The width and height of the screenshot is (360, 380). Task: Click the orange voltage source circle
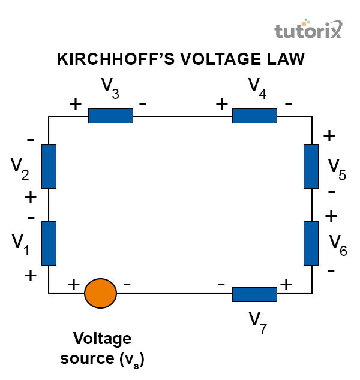coord(100,294)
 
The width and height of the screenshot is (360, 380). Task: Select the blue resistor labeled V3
coord(110,116)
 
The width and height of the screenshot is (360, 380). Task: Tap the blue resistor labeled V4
coord(254,116)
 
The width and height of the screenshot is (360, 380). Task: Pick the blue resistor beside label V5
coord(311,166)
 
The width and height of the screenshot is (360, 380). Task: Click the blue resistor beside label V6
coord(311,243)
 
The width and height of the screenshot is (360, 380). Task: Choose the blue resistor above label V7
coord(254,294)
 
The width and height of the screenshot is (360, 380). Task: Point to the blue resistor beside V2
coord(49,166)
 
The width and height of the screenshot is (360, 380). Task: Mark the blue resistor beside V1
coord(49,243)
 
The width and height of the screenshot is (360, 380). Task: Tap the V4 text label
coord(258,88)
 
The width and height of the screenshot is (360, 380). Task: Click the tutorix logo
coord(308,31)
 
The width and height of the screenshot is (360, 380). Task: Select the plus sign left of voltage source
coord(73,284)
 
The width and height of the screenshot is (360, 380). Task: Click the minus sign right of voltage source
coord(127,283)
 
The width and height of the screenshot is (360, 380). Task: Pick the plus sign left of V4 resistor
coord(222,104)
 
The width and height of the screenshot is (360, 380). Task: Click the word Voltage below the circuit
coord(102,339)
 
